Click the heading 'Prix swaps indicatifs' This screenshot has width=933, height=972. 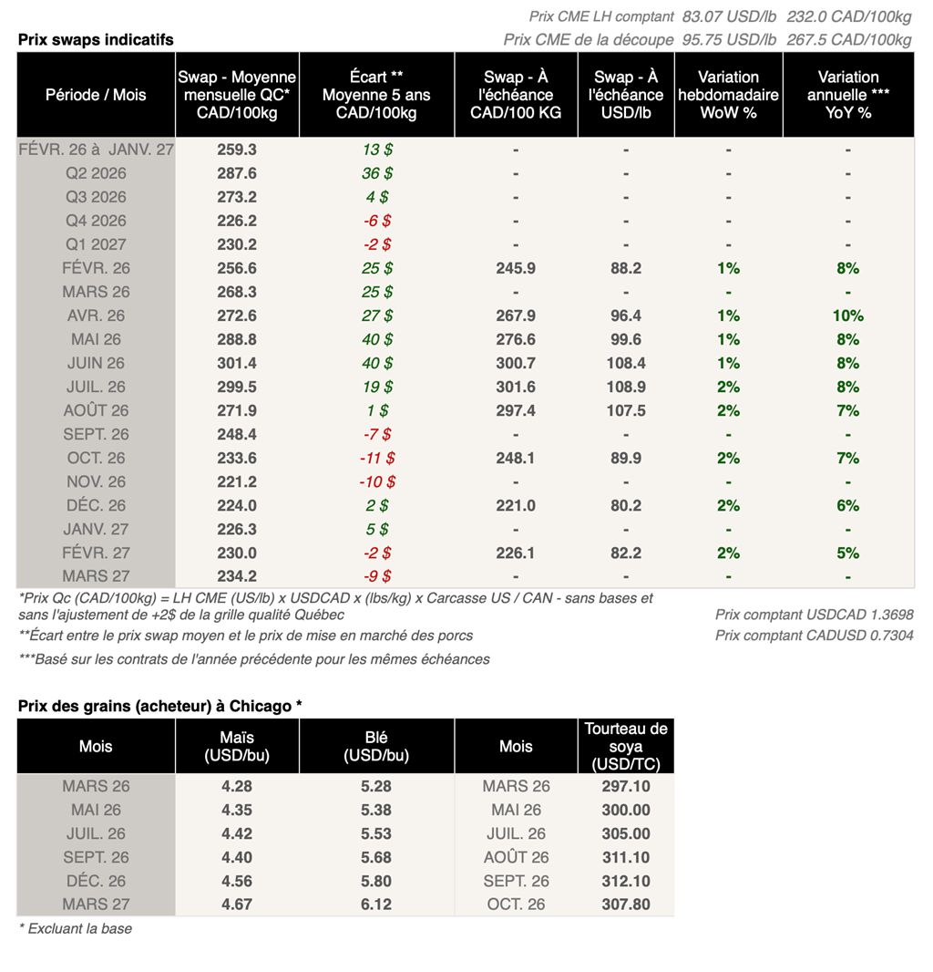point(96,39)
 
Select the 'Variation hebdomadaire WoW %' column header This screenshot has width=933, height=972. point(728,95)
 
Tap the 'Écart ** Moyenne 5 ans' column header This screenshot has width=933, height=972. point(376,95)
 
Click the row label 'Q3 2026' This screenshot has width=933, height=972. point(96,197)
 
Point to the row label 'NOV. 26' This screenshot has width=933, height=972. point(96,481)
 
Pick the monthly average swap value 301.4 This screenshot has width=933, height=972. point(237,363)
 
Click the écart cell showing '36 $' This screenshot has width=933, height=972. point(376,173)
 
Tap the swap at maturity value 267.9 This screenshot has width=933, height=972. point(516,315)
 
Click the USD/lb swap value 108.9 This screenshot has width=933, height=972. point(625,387)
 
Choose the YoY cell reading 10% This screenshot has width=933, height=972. point(847,315)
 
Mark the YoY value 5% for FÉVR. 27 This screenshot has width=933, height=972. point(847,553)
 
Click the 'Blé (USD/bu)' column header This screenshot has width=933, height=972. point(376,746)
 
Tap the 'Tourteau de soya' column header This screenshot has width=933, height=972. point(625,746)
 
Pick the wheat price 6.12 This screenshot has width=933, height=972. point(376,905)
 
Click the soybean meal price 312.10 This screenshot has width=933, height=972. point(626,881)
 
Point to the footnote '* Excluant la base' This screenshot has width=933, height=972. point(76,929)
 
